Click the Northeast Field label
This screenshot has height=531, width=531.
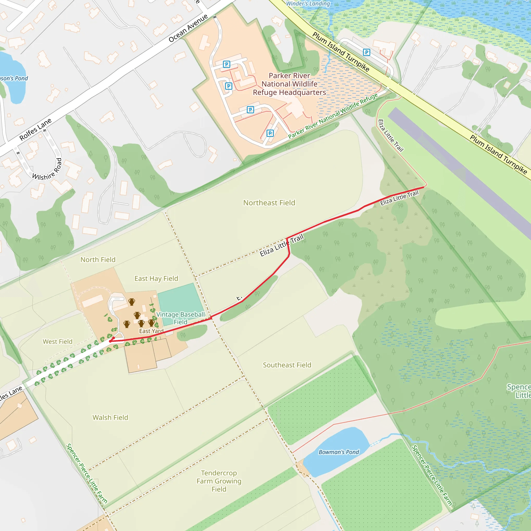269,203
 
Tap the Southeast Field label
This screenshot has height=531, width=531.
287,365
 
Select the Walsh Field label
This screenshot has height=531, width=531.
110,417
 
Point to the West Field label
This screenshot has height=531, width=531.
58,342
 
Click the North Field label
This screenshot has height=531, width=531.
98,260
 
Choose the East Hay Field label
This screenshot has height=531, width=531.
156,279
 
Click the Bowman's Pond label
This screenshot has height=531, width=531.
339,452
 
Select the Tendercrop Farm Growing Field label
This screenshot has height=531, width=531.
219,481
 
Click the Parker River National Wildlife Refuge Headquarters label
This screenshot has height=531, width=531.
289,84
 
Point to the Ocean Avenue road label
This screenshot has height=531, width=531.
188,28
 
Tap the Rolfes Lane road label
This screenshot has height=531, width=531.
36,129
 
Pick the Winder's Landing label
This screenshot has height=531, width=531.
308,4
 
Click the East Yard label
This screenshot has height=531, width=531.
151,331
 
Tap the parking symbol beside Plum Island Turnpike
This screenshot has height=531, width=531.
366,52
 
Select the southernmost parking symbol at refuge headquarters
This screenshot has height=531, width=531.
270,133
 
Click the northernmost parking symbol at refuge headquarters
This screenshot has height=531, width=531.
226,64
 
